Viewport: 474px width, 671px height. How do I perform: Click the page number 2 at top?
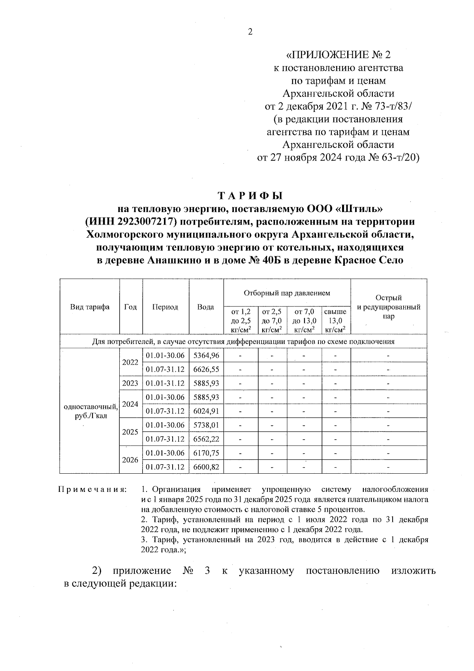250,32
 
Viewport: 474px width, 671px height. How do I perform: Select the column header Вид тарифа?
90,307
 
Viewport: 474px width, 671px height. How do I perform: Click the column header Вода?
206,307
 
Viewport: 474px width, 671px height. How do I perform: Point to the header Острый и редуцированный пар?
389,307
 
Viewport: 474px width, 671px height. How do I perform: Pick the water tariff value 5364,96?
206,355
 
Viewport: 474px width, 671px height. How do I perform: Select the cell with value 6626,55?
206,369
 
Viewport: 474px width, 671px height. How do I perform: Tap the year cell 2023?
130,383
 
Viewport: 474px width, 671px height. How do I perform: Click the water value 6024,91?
206,411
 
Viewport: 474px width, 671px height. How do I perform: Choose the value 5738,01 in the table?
206,425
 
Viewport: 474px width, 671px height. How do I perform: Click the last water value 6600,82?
206,467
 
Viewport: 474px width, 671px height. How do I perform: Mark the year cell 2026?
130,460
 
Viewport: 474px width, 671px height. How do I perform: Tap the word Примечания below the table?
92,490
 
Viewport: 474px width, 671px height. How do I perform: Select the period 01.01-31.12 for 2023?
165,383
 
